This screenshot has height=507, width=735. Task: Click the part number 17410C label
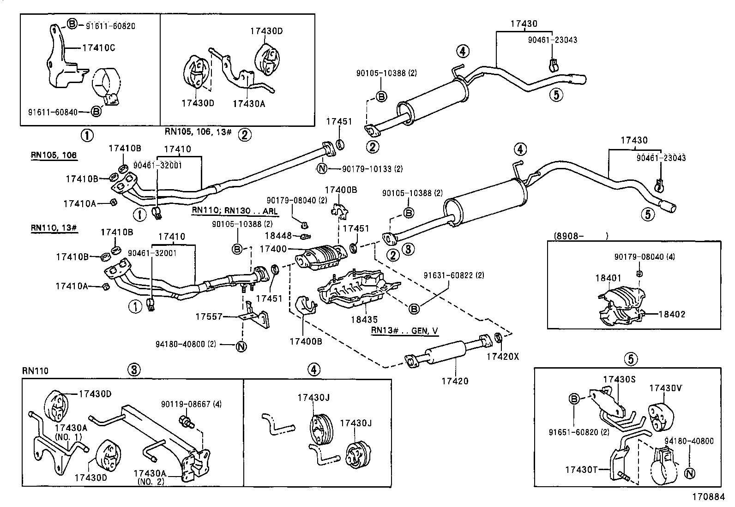click(99, 48)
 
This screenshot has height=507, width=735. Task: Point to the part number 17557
click(209, 317)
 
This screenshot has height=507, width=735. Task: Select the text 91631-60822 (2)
click(454, 275)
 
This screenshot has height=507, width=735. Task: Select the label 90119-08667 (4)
click(191, 404)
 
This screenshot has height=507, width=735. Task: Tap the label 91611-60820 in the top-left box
click(110, 26)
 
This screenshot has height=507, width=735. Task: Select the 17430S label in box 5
click(620, 379)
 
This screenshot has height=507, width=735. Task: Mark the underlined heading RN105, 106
click(54, 155)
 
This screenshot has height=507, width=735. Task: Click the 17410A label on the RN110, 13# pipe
click(72, 286)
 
